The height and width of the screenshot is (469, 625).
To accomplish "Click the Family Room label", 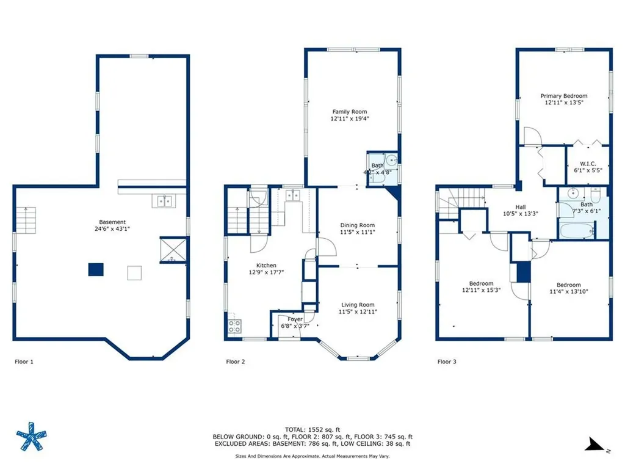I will (350, 112).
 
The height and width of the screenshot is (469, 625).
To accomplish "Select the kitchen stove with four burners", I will (234, 326).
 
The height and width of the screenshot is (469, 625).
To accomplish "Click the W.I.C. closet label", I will (588, 163).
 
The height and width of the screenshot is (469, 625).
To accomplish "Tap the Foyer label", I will (295, 319).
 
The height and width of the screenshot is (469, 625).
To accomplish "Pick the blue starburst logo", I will (32, 437).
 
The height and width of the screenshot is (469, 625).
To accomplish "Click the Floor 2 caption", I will (235, 362).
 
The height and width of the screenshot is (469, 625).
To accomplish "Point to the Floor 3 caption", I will (447, 362).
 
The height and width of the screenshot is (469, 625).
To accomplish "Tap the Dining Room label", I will (357, 225).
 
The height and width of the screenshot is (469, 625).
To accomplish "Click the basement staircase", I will (26, 217).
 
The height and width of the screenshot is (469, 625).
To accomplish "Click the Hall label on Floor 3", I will (520, 207).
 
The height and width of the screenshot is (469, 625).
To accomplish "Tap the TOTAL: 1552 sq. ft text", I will (312, 429).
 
